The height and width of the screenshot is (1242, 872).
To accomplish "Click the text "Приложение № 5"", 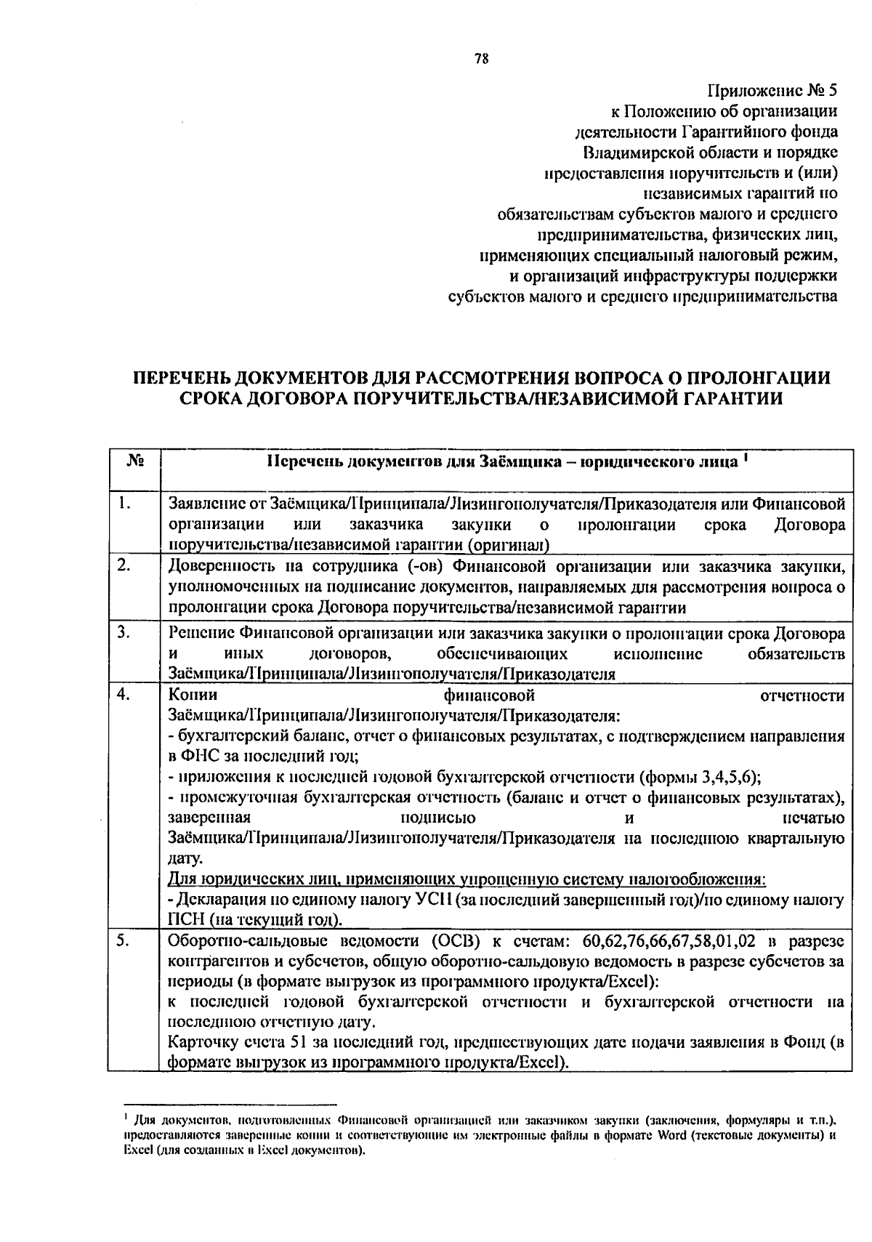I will click(x=772, y=92).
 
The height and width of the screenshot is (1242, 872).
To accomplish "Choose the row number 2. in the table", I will click(x=124, y=565).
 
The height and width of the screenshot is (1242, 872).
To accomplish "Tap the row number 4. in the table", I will click(x=124, y=695).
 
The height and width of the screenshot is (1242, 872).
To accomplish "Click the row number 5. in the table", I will click(x=124, y=941).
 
